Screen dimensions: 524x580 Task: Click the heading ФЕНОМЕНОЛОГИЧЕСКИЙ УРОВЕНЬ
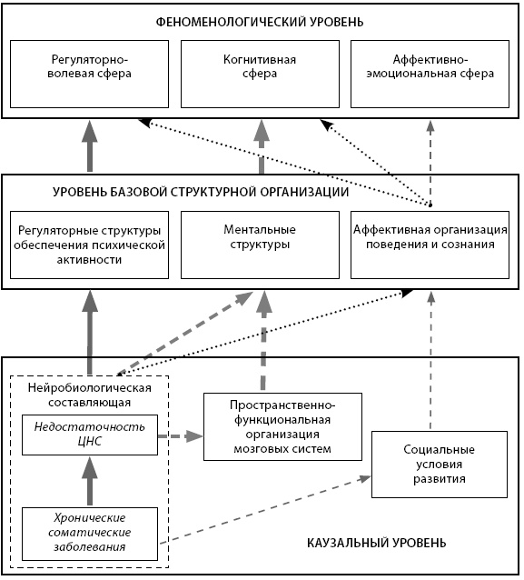pos(260,22)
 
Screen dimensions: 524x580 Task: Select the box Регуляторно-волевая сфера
pos(89,74)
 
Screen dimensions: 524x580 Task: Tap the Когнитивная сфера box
pos(260,74)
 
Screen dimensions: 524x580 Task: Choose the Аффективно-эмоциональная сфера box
pos(430,74)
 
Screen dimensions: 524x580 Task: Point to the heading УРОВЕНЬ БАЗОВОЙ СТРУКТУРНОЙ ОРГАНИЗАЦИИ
pos(201,193)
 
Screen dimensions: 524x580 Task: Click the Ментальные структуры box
pos(260,245)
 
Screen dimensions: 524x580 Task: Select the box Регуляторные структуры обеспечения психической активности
pos(89,245)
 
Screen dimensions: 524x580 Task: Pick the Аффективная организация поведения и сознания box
pos(430,245)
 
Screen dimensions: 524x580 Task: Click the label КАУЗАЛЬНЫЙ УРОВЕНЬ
pos(377,543)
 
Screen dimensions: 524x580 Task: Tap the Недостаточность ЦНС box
pos(90,435)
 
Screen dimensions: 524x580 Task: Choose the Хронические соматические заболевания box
pos(90,534)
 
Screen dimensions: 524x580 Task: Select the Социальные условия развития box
pos(440,465)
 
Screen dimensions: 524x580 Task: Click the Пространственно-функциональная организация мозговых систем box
pos(282,426)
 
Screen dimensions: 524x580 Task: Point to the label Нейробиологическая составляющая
pos(89,395)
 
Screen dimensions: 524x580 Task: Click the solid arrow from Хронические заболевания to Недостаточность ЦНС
pos(89,481)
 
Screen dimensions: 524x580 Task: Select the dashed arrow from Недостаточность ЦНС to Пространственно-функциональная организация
pos(181,436)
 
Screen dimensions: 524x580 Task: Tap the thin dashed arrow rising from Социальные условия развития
pos(430,361)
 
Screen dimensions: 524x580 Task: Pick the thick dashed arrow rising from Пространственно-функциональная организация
pos(263,341)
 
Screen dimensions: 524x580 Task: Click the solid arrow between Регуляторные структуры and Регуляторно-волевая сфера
pos(89,146)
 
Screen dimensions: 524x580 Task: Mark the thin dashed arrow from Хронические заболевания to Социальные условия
pos(265,511)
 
